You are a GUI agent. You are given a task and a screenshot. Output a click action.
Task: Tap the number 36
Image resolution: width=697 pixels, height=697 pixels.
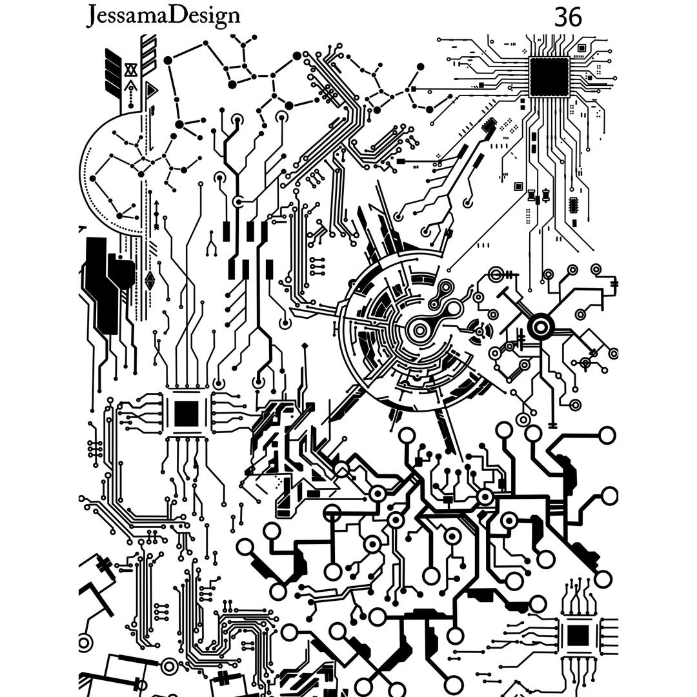pos(568,17)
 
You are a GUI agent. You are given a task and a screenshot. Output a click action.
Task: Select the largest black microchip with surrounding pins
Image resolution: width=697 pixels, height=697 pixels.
pos(549,76)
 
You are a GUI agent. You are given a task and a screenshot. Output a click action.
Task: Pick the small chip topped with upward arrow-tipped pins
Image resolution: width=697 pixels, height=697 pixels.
pos(578,635)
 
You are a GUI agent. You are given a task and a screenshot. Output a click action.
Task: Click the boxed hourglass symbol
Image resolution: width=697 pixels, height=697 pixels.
pos(131,70)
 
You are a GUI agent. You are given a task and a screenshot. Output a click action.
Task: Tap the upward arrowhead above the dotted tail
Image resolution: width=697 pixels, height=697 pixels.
pos(131,86)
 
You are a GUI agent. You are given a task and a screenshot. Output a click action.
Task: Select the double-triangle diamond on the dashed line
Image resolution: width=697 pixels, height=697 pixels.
pos(150,280)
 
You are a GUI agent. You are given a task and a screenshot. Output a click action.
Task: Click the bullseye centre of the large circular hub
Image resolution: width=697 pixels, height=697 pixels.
pos(420,330)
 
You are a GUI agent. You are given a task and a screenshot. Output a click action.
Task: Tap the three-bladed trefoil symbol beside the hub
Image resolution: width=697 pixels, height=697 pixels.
pos(481,330)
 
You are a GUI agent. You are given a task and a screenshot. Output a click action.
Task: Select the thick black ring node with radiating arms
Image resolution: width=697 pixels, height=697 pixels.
pos(540,327)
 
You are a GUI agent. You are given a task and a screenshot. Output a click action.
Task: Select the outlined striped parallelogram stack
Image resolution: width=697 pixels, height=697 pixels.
pos(148,55)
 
